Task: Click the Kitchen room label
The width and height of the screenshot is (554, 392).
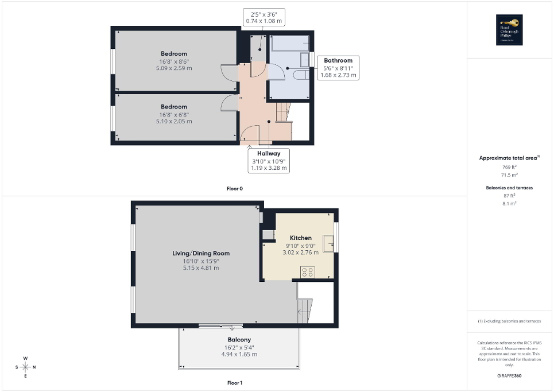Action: [x=300, y=238]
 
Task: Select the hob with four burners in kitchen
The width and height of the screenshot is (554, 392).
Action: [x=307, y=272]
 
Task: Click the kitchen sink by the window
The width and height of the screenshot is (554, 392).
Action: [x=329, y=243]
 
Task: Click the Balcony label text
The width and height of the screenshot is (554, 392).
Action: [x=238, y=340]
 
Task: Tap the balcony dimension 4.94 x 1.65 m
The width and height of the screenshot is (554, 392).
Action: [x=238, y=354]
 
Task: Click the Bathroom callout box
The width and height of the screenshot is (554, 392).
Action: [x=338, y=67]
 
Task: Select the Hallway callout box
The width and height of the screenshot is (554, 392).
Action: [x=269, y=161]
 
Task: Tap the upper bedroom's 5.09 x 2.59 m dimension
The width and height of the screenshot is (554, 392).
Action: [x=173, y=68]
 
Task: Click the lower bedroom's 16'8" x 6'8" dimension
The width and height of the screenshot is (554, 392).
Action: [x=173, y=114]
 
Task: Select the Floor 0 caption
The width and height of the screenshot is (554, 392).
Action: [x=235, y=188]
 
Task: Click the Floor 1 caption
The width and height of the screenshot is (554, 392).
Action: [x=235, y=382]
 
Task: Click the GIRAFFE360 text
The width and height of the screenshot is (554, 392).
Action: [x=510, y=376]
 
